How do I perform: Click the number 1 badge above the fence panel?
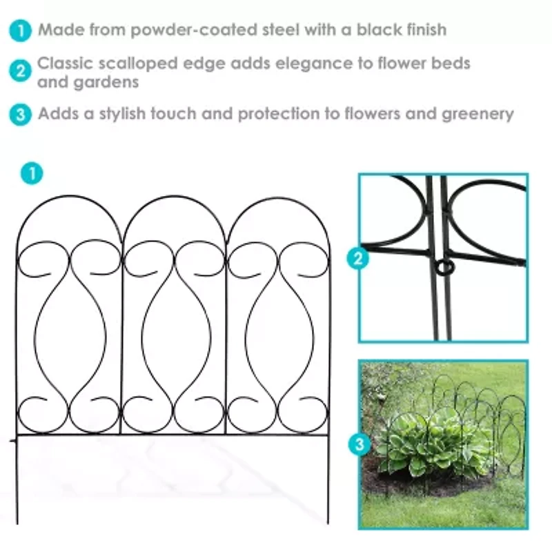pyautogui.click(x=31, y=172)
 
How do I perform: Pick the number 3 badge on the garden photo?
pyautogui.click(x=359, y=445)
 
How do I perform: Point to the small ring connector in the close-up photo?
pyautogui.click(x=441, y=266)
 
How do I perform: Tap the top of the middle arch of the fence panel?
pyautogui.click(x=174, y=198)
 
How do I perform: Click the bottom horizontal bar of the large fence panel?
pyautogui.click(x=172, y=435)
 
